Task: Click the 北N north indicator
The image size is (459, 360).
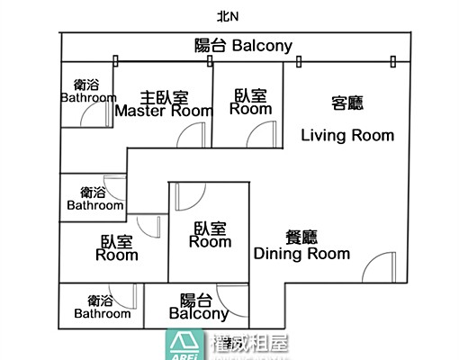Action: (x=228, y=15)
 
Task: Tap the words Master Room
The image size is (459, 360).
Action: (x=164, y=112)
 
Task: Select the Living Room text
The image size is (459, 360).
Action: (x=347, y=136)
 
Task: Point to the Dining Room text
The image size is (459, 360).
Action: (x=301, y=254)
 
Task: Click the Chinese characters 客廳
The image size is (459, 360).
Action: (x=347, y=103)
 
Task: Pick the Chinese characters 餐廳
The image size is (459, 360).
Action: (x=301, y=237)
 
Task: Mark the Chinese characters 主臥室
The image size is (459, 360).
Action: (x=164, y=96)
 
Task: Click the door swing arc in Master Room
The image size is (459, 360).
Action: (x=190, y=135)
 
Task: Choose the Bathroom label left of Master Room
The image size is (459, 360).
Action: (x=88, y=91)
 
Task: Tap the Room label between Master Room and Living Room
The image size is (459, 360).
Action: (x=250, y=101)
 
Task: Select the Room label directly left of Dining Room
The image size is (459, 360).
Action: (x=210, y=235)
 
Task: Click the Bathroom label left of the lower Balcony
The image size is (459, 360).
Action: (x=102, y=307)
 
